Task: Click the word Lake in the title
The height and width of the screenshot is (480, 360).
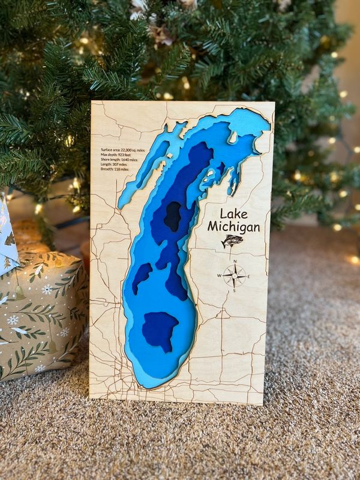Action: tap(233, 214)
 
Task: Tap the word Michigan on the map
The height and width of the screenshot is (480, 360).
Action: tap(233, 227)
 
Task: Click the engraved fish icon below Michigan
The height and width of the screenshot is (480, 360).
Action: tap(232, 241)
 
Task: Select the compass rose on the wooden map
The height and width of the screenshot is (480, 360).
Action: tap(235, 275)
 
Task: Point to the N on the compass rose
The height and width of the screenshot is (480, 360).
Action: tap(235, 262)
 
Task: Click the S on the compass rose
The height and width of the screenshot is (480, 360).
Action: tap(235, 290)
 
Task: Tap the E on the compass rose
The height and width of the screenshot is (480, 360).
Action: tap(248, 276)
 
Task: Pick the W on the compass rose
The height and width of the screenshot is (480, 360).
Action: tap(220, 276)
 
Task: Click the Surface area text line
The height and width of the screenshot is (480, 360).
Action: tap(123, 150)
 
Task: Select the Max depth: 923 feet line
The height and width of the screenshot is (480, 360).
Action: tap(116, 155)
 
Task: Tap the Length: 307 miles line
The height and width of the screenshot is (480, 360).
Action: tap(115, 164)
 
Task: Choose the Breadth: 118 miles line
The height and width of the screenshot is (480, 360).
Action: tap(115, 169)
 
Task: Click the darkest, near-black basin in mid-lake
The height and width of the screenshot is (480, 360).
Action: tap(173, 217)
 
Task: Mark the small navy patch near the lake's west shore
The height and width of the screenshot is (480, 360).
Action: tap(142, 278)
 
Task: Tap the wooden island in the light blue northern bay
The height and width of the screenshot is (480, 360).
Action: tap(233, 137)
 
